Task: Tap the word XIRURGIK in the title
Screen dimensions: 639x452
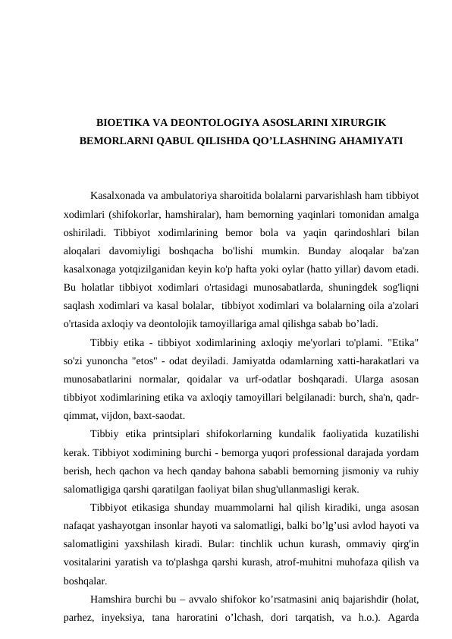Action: [x=357, y=122]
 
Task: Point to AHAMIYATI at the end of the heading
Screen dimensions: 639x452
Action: [x=363, y=140]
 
